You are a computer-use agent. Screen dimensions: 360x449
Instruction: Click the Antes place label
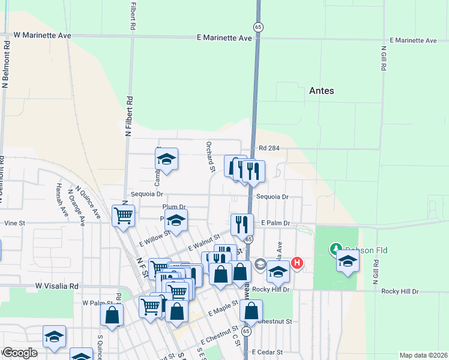(x=321, y=91)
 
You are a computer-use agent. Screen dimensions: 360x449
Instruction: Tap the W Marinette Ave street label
(x=42, y=36)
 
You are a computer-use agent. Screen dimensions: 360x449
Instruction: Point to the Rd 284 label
(x=270, y=148)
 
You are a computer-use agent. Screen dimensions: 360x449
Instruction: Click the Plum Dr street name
(x=174, y=207)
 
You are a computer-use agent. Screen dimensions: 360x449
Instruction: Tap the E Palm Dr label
(x=276, y=223)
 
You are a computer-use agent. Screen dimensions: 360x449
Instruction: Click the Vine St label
(x=14, y=223)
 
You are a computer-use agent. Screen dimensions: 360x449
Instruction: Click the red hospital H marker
(x=297, y=263)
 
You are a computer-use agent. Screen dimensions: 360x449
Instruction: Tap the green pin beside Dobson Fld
(x=335, y=248)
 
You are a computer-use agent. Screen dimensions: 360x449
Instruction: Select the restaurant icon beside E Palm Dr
(x=242, y=224)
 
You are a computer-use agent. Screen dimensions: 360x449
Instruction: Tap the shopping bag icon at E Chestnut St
(x=251, y=310)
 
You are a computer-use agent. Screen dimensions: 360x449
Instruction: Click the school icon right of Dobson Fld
(x=348, y=260)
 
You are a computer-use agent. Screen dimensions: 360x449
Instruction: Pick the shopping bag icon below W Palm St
(x=112, y=314)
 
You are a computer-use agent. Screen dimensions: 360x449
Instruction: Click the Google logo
(x=20, y=353)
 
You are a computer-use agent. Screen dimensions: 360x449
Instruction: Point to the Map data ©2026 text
(x=423, y=355)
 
